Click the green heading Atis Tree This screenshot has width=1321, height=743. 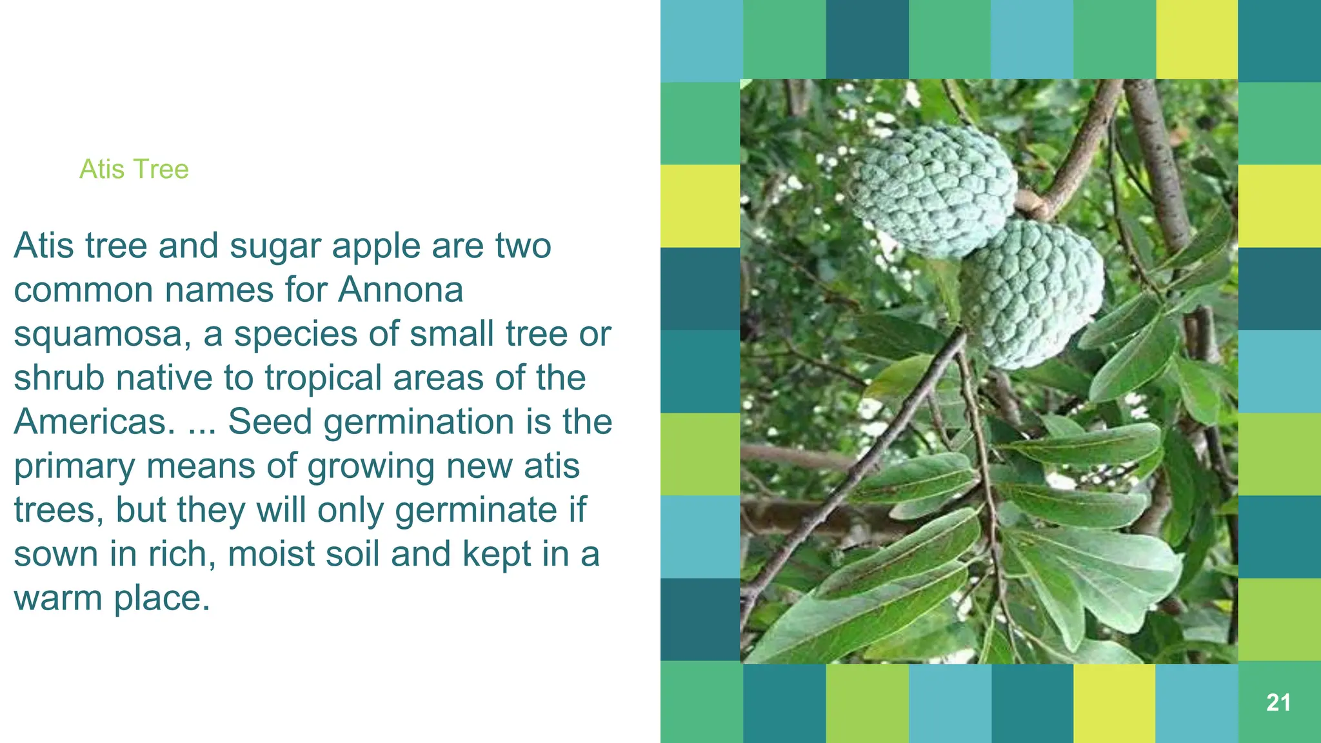[134, 169]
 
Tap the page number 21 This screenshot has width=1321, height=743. [1278, 702]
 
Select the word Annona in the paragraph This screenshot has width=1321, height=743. [401, 290]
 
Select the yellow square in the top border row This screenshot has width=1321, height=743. [1197, 39]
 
